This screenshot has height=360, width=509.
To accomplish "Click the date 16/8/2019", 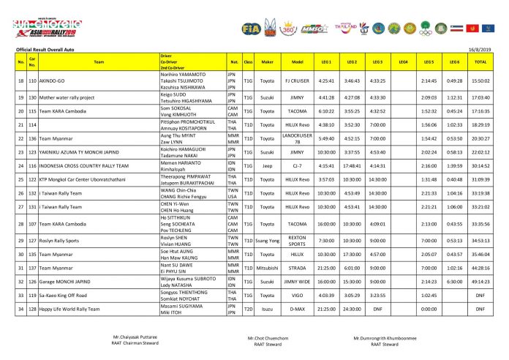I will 485,49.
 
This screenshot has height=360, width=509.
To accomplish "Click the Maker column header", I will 267,62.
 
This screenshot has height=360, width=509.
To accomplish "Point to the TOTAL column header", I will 480,62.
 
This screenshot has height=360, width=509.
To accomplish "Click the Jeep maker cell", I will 267,165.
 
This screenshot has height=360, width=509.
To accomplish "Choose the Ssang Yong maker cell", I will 267,240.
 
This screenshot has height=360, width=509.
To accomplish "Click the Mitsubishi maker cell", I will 267,267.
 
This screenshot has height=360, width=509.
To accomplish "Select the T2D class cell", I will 248,310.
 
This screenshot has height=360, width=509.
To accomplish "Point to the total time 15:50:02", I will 480,80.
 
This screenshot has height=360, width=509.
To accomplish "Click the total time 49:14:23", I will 480,281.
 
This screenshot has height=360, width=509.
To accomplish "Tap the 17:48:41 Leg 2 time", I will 352,165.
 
